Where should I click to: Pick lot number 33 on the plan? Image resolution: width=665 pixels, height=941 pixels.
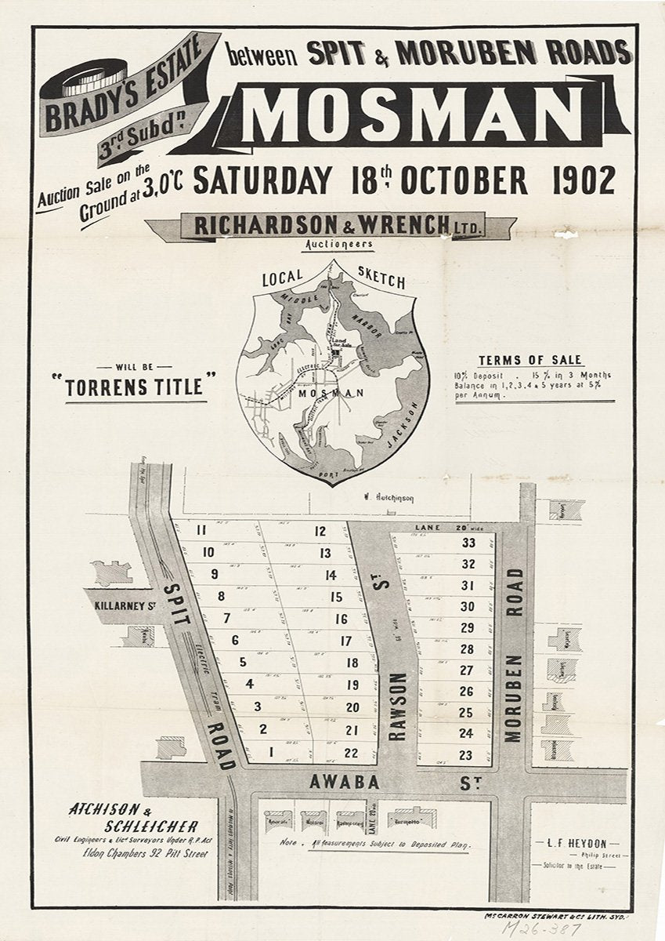(468, 543)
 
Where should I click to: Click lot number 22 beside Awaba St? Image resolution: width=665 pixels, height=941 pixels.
(351, 753)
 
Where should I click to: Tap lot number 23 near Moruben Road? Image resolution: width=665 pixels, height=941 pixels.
(466, 755)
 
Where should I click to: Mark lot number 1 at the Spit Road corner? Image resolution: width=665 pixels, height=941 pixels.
(271, 751)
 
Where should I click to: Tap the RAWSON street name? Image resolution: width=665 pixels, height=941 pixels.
(397, 706)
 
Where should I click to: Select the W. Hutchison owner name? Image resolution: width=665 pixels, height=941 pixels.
(389, 497)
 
